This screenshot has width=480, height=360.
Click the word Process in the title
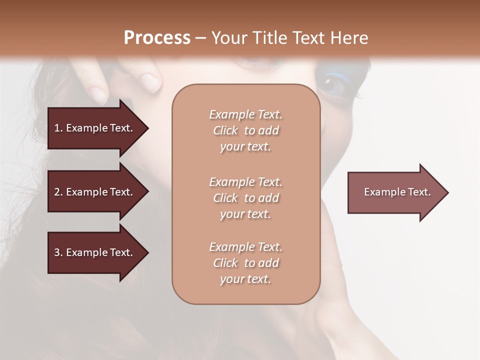(x=157, y=38)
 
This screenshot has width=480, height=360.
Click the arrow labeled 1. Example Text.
(x=95, y=128)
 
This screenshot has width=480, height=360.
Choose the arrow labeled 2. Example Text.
(x=95, y=192)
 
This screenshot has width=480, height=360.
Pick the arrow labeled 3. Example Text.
(x=95, y=252)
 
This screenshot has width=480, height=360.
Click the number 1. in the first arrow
(x=58, y=128)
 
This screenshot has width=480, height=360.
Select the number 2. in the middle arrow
(x=58, y=192)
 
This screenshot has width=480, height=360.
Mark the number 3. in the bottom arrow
(x=58, y=252)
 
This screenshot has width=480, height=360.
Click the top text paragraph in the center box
(x=245, y=130)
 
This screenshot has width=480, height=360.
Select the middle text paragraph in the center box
(x=245, y=198)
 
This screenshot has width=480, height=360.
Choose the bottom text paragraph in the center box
(x=245, y=263)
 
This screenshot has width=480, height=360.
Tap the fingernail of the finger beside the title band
(x=150, y=81)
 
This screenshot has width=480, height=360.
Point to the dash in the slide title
(x=200, y=38)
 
